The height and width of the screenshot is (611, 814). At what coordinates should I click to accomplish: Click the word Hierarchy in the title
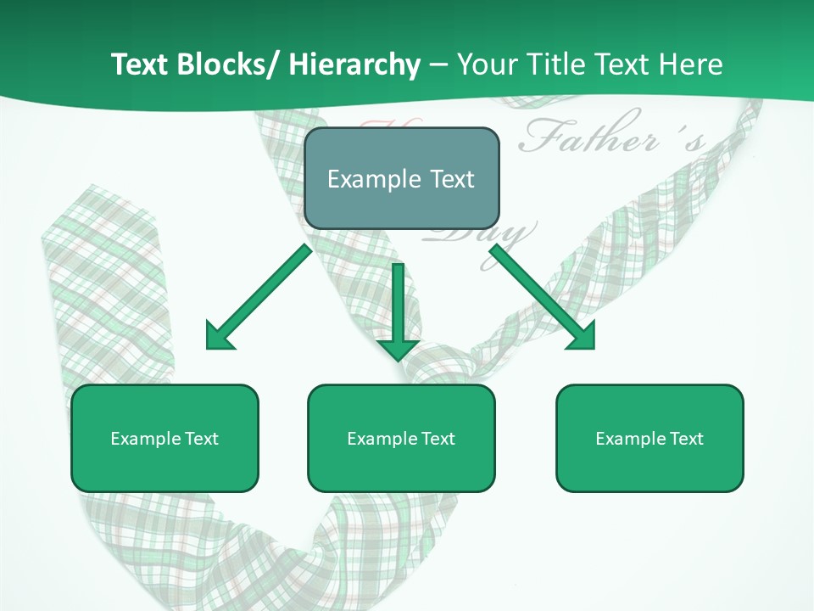pyautogui.click(x=354, y=64)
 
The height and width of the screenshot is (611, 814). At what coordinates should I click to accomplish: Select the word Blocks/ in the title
pyautogui.click(x=226, y=64)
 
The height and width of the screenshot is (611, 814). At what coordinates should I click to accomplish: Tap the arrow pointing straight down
pyautogui.click(x=398, y=305)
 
